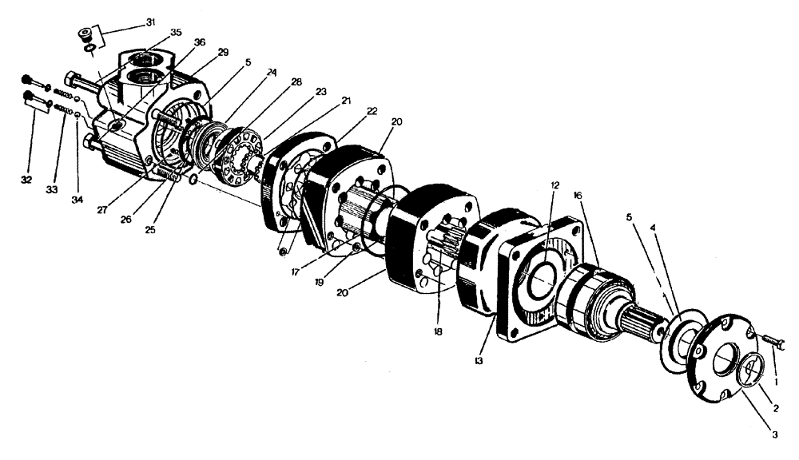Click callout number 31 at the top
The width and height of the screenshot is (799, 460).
pyautogui.click(x=150, y=22)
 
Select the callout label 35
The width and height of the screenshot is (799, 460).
pyautogui.click(x=176, y=33)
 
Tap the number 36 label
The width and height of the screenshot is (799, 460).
pyautogui.click(x=199, y=42)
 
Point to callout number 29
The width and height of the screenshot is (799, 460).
pyautogui.click(x=222, y=52)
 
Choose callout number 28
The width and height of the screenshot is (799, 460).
pyautogui.click(x=274, y=82)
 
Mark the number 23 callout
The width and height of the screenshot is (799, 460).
pyautogui.click(x=298, y=92)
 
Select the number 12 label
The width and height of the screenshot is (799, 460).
pyautogui.click(x=555, y=185)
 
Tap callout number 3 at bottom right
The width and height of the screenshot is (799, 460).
pyautogui.click(x=773, y=434)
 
